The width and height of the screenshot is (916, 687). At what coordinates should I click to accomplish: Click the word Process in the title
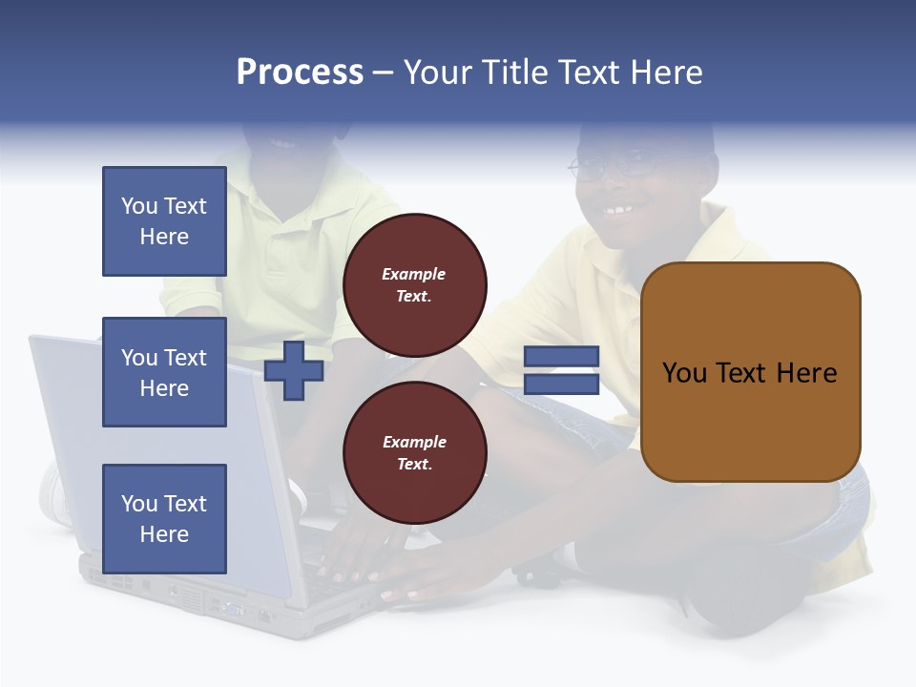pyautogui.click(x=300, y=73)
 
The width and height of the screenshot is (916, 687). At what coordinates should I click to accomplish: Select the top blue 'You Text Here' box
pyautogui.click(x=164, y=221)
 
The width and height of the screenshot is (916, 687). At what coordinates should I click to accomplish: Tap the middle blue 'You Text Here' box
pyautogui.click(x=164, y=372)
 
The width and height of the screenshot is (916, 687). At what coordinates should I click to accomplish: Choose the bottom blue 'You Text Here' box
pyautogui.click(x=164, y=518)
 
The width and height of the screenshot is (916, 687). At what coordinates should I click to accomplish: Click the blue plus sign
pyautogui.click(x=294, y=370)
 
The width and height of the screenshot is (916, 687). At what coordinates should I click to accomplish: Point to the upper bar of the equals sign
pyautogui.click(x=562, y=356)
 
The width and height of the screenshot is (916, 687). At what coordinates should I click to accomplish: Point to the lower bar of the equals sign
pyautogui.click(x=562, y=385)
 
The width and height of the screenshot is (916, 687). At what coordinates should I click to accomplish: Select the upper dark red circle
pyautogui.click(x=415, y=284)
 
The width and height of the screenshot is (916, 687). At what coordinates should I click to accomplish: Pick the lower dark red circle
pyautogui.click(x=415, y=452)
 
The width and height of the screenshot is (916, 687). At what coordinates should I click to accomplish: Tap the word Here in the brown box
pyautogui.click(x=806, y=373)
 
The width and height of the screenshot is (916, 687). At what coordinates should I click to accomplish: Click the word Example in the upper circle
pyautogui.click(x=414, y=274)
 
